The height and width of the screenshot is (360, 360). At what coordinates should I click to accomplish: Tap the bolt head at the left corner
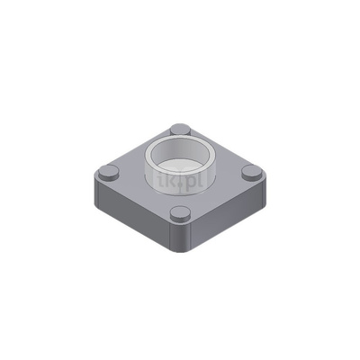coord(110,170)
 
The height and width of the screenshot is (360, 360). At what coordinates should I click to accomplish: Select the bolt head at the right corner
coord(251,172)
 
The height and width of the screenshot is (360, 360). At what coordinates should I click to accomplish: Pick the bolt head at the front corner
coord(180,213)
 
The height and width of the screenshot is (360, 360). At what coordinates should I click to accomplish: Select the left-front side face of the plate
coord(135,216)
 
